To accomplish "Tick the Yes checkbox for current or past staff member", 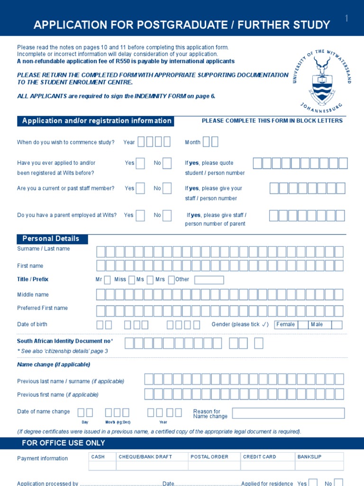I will pos(140,188).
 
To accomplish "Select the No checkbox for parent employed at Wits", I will pos(167,215).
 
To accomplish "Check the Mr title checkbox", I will pos(108,280).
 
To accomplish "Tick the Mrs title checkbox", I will pos(171,280).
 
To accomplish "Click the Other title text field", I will pos(209,280).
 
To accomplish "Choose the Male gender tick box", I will pos(337,325).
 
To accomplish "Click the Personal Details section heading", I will pos(52,239).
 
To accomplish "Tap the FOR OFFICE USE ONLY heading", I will pos(64,443).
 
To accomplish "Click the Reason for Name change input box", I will pos(288,413).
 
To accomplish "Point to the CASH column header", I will pos(98,457).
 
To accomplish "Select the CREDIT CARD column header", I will pos(259,457).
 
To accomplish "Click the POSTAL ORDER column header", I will pos(209,457).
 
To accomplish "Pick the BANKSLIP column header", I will pos(309,457).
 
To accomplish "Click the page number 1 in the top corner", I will pos(346,19).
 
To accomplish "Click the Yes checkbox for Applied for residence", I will pos(313,483).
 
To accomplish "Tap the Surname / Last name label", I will pos(44,249).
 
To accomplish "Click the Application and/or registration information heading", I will pos(96,121).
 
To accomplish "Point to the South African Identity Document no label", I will pos(65,341).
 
